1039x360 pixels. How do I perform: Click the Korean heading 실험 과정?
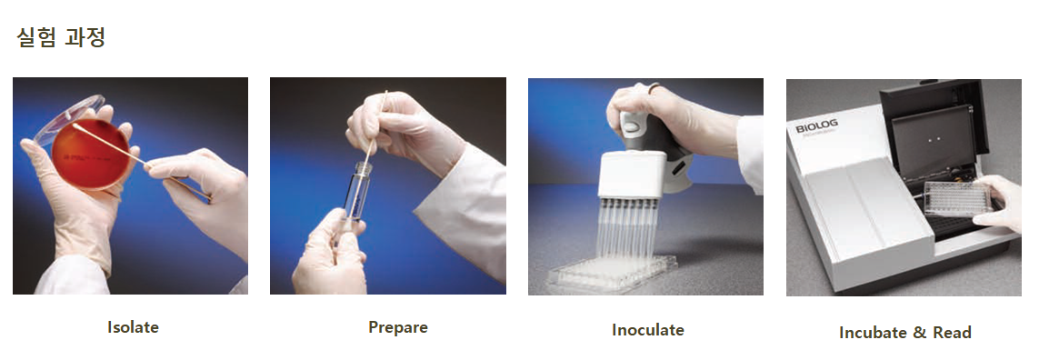pos(61,37)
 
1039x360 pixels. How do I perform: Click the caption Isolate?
pos(134,327)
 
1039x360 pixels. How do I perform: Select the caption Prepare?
pos(398,327)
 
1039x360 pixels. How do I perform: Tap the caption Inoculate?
pos(648,329)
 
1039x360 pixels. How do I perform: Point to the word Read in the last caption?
pos(953,332)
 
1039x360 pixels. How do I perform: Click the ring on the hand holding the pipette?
pos(654,87)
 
